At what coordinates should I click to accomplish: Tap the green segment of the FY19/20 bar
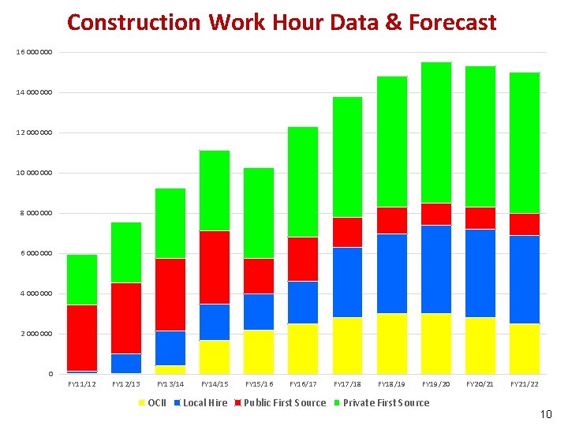click(436, 133)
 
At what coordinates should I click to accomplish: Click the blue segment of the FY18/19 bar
click(392, 274)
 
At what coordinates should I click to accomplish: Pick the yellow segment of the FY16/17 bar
click(303, 349)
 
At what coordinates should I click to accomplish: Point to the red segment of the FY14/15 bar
click(215, 267)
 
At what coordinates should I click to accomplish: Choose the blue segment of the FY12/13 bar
click(126, 364)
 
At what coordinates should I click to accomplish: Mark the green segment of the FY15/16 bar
click(259, 213)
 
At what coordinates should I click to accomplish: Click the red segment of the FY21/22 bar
click(525, 224)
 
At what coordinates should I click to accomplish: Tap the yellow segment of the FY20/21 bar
click(480, 346)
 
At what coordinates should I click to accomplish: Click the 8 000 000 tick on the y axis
click(36, 213)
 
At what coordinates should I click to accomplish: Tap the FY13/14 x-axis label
click(170, 384)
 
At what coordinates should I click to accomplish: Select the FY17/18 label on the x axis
click(348, 384)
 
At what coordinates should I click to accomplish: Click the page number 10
click(546, 413)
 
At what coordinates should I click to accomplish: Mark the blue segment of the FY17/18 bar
click(348, 282)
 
